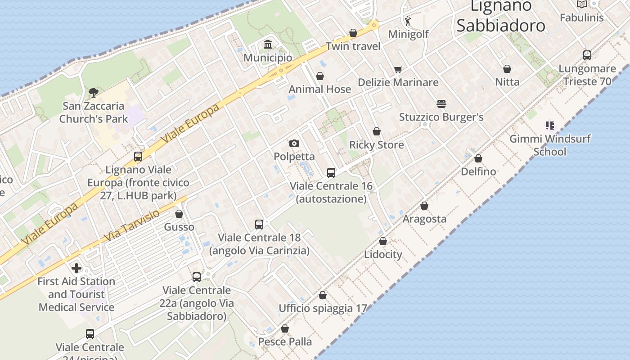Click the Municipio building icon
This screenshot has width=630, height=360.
click(268, 44)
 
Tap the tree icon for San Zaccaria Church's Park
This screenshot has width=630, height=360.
click(93, 93)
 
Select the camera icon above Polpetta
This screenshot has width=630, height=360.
click(294, 143)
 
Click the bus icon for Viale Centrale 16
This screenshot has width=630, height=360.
click(331, 172)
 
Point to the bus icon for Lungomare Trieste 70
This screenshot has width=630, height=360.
click(587, 55)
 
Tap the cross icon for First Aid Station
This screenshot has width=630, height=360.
click(76, 268)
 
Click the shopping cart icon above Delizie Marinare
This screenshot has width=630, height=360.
click(398, 69)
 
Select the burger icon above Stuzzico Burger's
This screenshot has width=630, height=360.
click(441, 104)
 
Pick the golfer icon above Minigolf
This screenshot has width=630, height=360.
click(408, 21)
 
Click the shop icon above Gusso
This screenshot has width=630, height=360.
click(179, 214)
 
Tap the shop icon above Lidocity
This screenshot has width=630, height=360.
click(383, 241)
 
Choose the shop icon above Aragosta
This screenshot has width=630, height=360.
click(424, 206)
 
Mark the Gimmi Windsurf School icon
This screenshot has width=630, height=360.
click(549, 126)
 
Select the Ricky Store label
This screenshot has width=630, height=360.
click(377, 145)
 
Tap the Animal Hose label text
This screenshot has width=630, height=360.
click(319, 89)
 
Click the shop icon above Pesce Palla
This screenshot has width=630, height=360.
click(285, 328)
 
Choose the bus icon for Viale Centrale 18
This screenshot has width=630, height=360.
click(259, 224)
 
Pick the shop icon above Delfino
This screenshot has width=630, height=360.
click(478, 158)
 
